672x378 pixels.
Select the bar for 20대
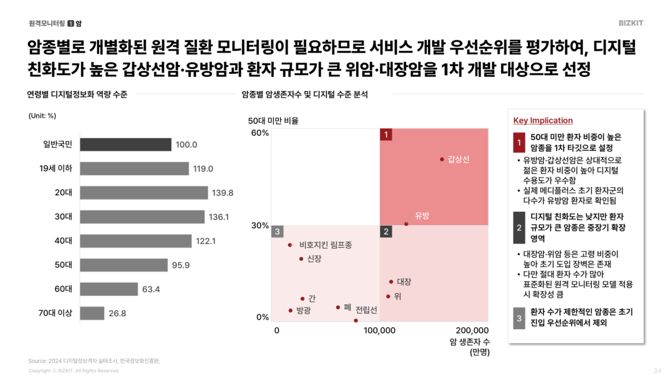144,193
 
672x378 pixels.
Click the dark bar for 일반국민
125,144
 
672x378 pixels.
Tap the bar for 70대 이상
92,313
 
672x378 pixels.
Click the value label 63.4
151,290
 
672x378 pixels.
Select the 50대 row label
64,265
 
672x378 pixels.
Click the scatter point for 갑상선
442,160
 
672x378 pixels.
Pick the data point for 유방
406,224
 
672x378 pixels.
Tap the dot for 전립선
356,320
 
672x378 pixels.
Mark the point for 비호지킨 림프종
290,245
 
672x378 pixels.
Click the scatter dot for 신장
301,259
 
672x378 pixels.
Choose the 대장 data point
391,282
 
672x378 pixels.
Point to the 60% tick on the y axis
259,133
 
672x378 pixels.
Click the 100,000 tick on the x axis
380,330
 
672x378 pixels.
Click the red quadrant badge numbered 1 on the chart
385,134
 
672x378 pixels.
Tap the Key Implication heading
543,120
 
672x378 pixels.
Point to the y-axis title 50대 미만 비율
273,120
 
